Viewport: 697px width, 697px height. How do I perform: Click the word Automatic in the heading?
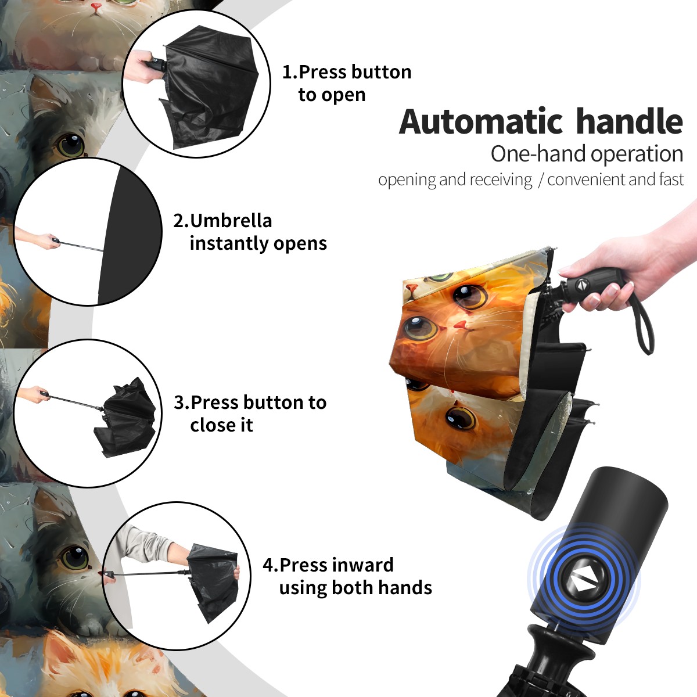pyautogui.click(x=481, y=121)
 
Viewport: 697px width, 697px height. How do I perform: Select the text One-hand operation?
pyautogui.click(x=587, y=154)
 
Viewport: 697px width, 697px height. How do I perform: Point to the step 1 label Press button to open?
pyautogui.click(x=347, y=83)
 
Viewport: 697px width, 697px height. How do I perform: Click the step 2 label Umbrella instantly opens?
pyautogui.click(x=250, y=232)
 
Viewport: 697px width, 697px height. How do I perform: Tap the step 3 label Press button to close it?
pyautogui.click(x=250, y=414)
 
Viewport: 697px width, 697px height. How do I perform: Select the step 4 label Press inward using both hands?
pyautogui.click(x=347, y=576)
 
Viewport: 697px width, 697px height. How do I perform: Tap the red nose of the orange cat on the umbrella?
pyautogui.click(x=460, y=325)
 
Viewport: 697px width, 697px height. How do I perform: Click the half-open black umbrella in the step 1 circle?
pyautogui.click(x=210, y=87)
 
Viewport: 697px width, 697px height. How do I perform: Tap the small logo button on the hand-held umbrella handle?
pyautogui.click(x=581, y=285)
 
